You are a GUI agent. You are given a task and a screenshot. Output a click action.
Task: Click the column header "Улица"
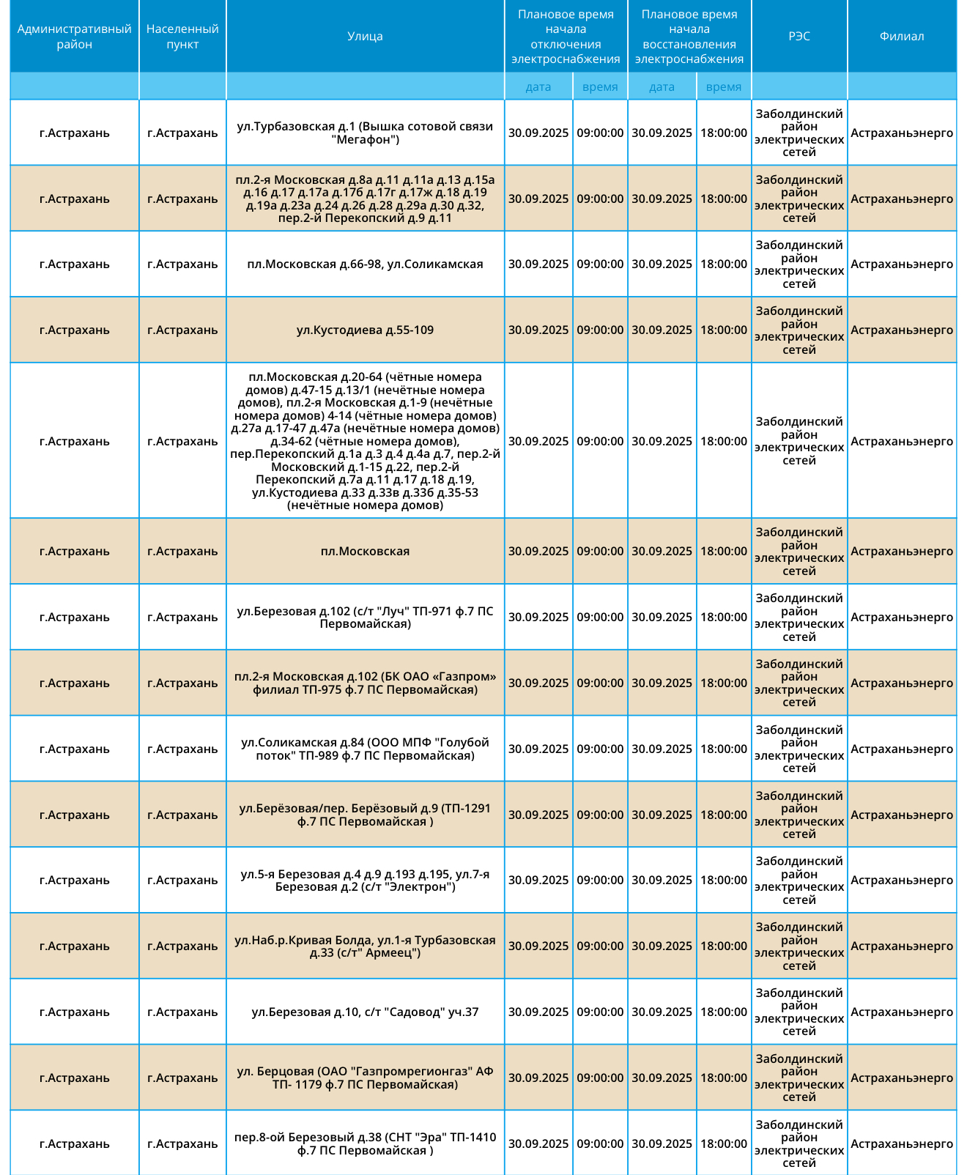(x=365, y=37)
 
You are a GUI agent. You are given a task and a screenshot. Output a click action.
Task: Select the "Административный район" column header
(x=74, y=37)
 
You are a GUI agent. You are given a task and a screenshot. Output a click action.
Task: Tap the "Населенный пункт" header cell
(x=182, y=37)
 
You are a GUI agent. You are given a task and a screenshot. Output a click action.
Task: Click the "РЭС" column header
(x=799, y=37)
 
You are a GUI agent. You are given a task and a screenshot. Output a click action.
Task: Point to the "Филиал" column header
(x=902, y=37)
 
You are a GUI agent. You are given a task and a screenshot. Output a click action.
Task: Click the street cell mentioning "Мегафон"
(x=365, y=133)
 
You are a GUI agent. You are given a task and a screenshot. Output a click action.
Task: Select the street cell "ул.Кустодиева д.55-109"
(x=365, y=330)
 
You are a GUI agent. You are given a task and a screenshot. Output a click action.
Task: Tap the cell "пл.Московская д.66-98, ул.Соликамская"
(x=365, y=264)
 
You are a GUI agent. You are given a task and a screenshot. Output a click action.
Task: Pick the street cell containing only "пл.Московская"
(x=365, y=552)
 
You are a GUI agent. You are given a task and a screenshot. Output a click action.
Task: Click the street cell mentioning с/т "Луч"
(x=365, y=618)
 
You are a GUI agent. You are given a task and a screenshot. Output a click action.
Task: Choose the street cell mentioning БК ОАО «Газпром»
(x=365, y=683)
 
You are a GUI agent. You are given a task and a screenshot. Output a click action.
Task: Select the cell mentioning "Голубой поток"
(x=365, y=749)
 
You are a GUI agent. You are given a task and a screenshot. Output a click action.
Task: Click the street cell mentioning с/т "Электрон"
(x=365, y=881)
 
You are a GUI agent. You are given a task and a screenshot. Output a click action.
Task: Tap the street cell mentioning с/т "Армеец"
(x=365, y=946)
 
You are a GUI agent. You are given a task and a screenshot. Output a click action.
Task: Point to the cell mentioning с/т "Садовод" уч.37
(x=365, y=1012)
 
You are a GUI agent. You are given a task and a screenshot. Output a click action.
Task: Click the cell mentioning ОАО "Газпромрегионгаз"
(x=365, y=1078)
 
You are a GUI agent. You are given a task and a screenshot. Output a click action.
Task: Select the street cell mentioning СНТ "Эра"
(x=365, y=1144)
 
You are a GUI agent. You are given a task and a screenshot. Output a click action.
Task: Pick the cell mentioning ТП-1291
(x=365, y=815)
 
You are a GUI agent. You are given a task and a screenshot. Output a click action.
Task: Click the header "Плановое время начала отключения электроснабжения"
(x=566, y=37)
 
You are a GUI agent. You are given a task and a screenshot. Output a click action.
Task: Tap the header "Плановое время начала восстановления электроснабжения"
(x=689, y=37)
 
